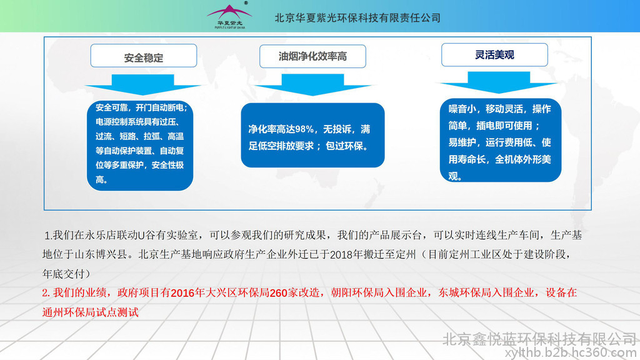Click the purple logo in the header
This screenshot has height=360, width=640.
point(229,16)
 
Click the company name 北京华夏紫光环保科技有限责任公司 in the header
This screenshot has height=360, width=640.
point(357,18)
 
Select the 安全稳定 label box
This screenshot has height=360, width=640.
point(144,56)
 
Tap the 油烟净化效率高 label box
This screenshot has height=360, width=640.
point(312,56)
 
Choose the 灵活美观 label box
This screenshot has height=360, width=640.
point(494,55)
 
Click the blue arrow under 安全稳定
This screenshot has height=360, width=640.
point(143,84)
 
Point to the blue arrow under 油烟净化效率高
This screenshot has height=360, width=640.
point(312,84)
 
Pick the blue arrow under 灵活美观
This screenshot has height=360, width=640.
point(498,82)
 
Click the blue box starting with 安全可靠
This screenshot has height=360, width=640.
point(140,145)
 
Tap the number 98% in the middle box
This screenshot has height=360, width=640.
point(304,129)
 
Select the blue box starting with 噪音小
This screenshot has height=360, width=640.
point(501,140)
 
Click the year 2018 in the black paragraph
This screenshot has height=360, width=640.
point(341,255)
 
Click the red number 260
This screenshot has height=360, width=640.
point(278,293)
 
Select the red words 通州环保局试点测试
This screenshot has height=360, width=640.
point(91,312)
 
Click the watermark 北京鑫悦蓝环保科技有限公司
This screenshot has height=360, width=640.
point(539,339)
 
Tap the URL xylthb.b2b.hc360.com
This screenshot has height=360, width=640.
point(571,352)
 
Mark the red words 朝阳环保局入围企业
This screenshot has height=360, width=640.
point(379,292)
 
